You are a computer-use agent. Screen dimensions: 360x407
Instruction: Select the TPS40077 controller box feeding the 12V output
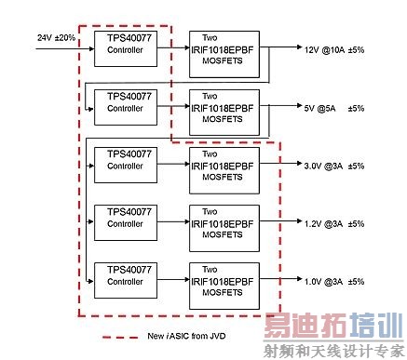(x=125, y=45)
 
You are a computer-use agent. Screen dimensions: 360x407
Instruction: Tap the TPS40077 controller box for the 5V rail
(x=125, y=103)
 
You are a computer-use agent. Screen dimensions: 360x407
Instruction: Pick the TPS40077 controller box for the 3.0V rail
(x=125, y=159)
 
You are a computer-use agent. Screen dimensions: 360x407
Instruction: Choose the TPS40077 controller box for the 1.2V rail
(x=125, y=218)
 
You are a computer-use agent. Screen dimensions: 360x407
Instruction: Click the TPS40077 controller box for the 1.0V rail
(x=125, y=276)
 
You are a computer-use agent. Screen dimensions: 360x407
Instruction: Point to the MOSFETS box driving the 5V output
(x=223, y=108)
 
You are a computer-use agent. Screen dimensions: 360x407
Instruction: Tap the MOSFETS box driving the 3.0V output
(x=223, y=165)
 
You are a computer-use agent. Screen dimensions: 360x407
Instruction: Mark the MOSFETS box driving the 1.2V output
(x=223, y=222)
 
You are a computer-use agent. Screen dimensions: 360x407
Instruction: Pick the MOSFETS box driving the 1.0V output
(x=223, y=281)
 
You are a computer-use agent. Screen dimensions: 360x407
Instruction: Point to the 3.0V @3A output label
(x=323, y=166)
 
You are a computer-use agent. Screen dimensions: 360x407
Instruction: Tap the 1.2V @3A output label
(x=323, y=223)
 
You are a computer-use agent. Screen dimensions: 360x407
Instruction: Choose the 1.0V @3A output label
(x=323, y=282)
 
